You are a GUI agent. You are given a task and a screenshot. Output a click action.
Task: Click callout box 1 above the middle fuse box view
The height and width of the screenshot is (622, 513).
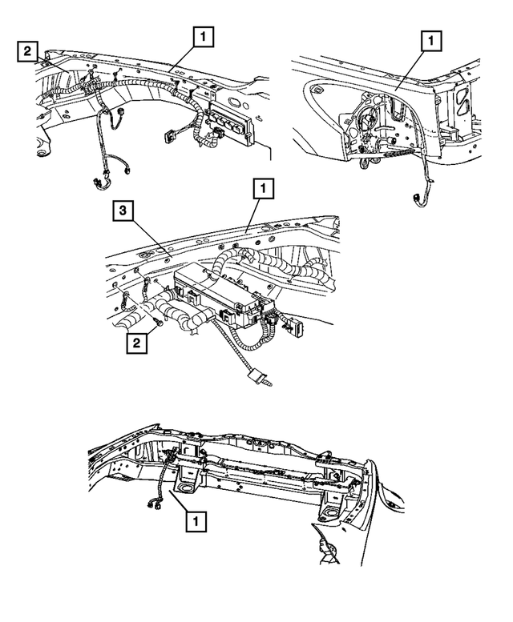coord(263,189)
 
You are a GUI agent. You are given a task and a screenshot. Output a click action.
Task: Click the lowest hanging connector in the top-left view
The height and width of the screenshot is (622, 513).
coord(99,183)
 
